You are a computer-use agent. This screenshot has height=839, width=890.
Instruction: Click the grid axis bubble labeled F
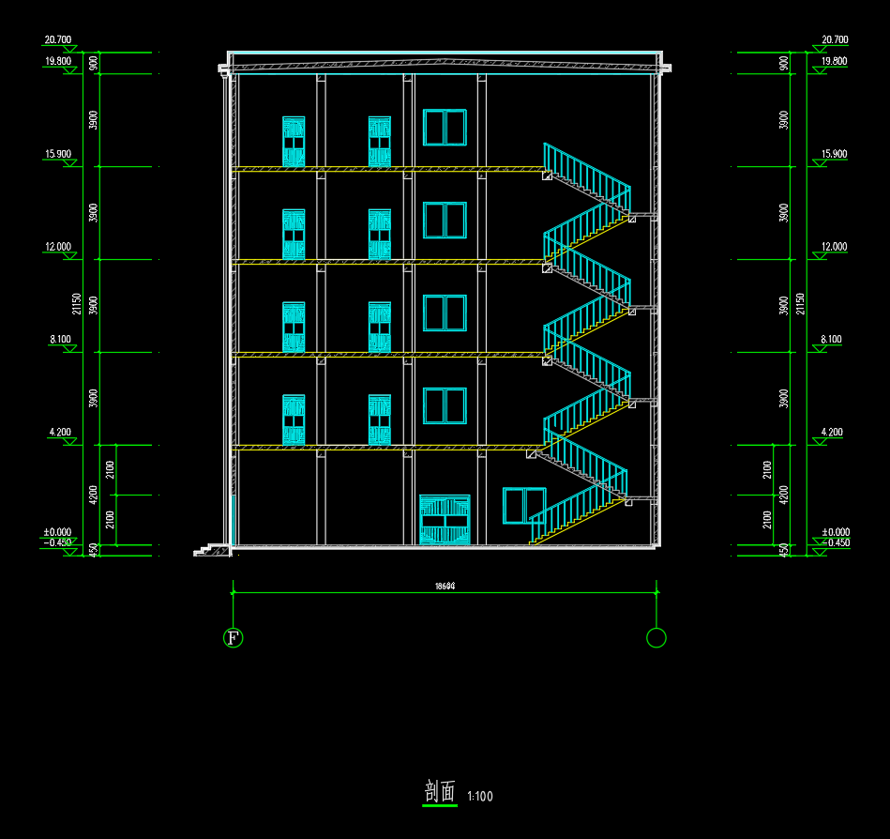coord(233,638)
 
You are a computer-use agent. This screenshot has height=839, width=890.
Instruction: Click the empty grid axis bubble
coord(656,638)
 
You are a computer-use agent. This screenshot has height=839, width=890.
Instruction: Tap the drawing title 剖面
coord(440,791)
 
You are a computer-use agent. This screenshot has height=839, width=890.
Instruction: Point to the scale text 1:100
coord(479,797)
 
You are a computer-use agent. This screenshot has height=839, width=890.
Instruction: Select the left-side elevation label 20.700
coord(57,40)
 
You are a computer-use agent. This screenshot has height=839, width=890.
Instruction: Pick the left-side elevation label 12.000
coord(57,247)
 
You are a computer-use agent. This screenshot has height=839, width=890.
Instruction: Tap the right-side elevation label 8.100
coord(831,340)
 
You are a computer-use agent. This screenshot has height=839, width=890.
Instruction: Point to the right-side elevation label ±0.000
coord(833,532)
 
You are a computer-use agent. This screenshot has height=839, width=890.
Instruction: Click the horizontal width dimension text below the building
coord(445,587)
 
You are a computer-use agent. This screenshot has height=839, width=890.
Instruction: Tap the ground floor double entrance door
coord(445,519)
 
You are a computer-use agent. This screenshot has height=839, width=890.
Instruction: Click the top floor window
coord(445,128)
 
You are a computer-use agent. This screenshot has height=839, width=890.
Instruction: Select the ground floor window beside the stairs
coord(523,506)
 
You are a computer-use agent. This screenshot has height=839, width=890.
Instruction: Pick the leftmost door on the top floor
coord(294,142)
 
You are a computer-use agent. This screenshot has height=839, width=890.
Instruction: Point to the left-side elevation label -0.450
coord(57,542)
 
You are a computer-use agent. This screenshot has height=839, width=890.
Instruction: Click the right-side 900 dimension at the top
coord(784,63)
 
